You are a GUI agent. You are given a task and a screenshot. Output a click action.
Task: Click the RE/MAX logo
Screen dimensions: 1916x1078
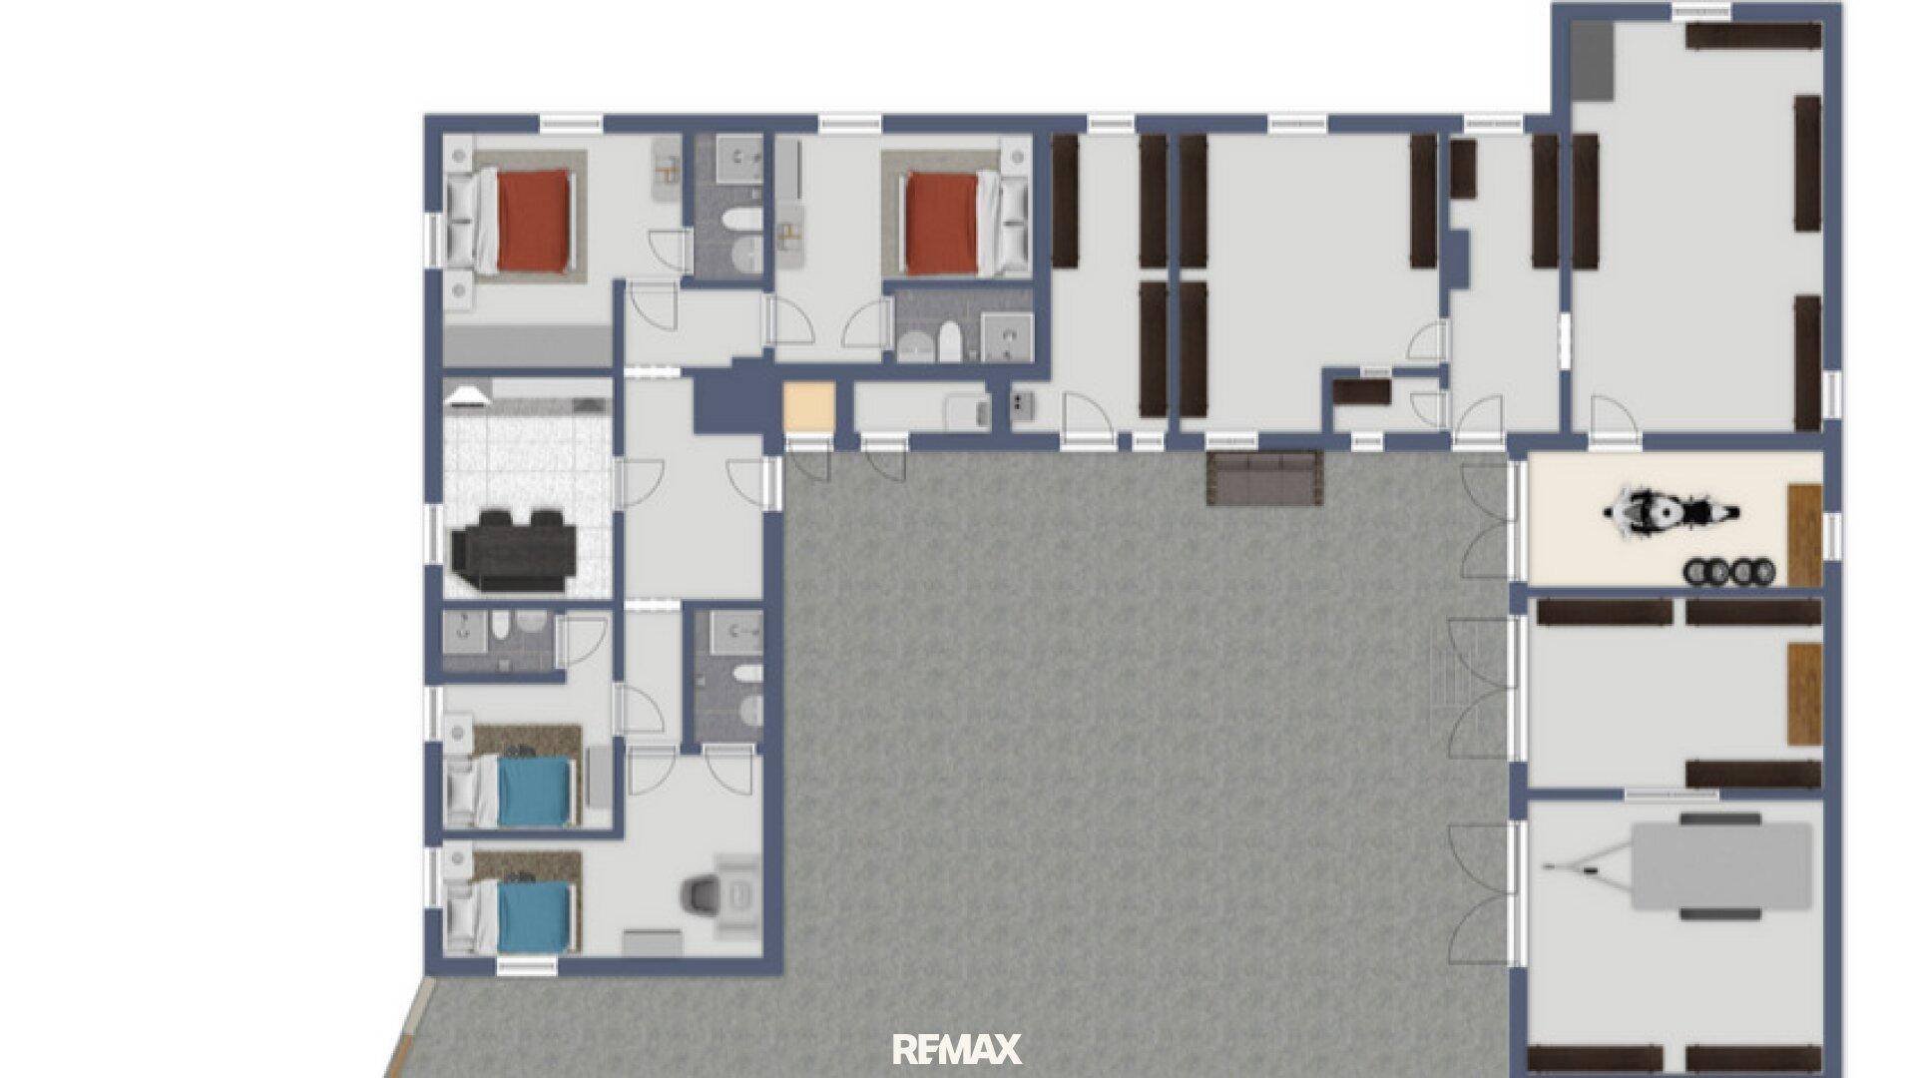pos(957,1049)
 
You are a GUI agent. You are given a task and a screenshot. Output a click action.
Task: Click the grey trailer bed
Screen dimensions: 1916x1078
pos(1721,865)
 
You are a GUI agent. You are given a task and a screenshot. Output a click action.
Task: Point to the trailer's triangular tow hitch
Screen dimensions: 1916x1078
pos(1587,865)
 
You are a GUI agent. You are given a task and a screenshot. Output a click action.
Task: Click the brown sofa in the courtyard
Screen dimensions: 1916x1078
pos(1264,478)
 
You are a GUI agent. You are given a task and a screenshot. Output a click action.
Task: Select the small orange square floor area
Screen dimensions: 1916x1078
pos(808,407)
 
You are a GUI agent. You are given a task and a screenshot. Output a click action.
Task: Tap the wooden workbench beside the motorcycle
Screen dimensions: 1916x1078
pos(1804,535)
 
